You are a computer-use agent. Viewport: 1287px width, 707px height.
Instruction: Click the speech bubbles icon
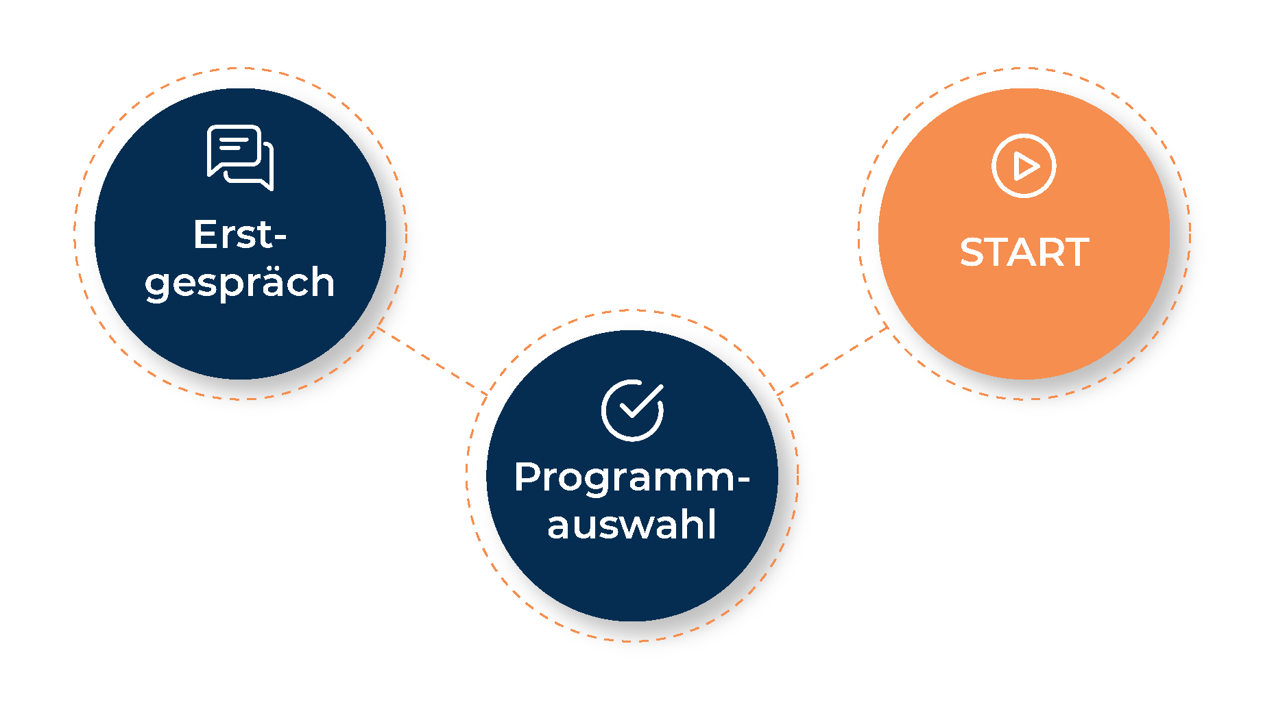coord(240,158)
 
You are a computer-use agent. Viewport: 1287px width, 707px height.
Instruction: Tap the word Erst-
coord(239,235)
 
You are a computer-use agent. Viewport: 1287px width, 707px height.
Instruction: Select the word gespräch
coord(239,283)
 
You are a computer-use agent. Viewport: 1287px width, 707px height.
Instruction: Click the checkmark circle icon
coord(632,410)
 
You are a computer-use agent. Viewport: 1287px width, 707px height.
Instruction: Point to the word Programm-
coord(631,477)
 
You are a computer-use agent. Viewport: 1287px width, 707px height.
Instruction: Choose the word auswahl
coord(632,525)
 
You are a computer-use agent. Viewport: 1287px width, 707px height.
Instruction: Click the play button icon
coord(1024,166)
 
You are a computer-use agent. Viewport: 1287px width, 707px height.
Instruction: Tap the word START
coord(1024,252)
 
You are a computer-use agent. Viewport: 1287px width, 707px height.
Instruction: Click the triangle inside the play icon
coord(1026,166)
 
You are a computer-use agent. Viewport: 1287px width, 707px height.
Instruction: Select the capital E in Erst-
coord(206,235)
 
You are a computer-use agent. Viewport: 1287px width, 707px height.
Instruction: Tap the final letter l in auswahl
coord(712,524)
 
